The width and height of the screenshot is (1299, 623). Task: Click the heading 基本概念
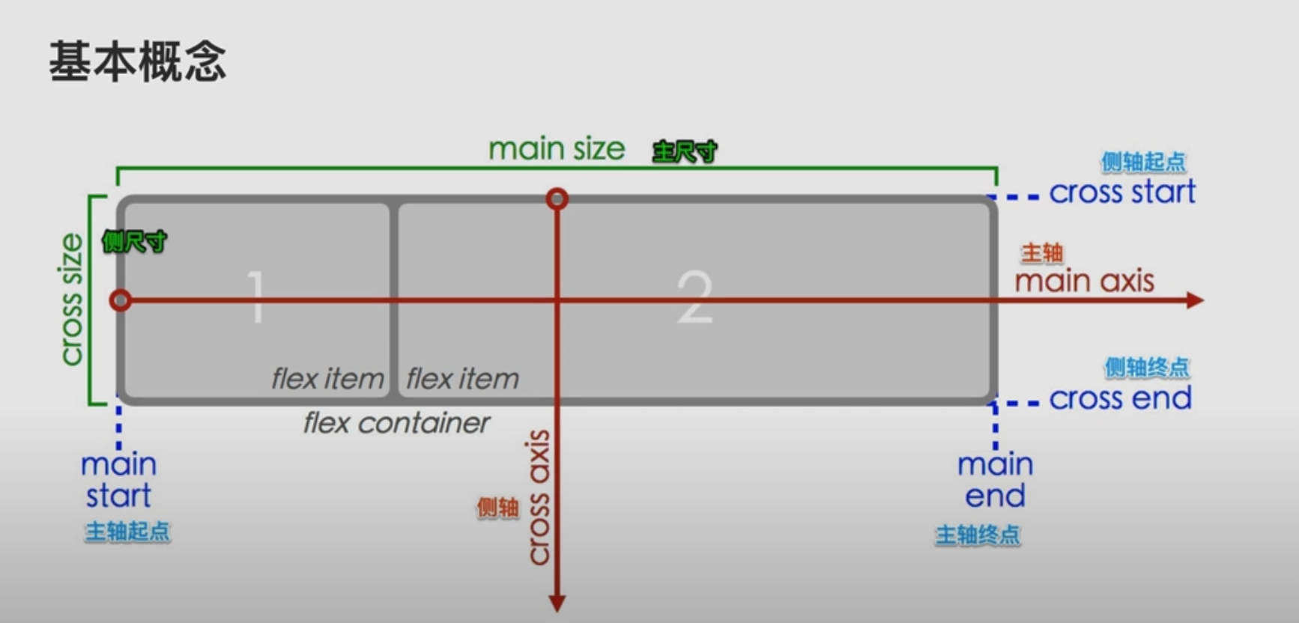pos(138,61)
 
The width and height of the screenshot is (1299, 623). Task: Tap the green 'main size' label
pos(556,149)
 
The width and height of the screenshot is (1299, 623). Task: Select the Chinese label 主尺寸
pos(684,152)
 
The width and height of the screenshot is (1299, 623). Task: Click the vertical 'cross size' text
pos(71,300)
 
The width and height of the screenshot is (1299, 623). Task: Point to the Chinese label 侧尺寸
pos(134,242)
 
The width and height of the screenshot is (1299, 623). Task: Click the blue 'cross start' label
pos(1121,192)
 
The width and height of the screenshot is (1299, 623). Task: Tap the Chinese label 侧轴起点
pos(1142,162)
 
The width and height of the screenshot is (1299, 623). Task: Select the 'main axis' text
pos(1084,282)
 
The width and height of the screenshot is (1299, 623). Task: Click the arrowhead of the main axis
pos(1195,300)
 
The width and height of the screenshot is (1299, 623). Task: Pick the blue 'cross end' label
pos(1120,398)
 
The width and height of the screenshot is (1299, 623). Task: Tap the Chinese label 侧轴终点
pos(1146,367)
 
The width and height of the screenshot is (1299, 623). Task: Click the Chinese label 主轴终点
pos(978,535)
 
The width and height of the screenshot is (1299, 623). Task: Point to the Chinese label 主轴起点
pos(127,532)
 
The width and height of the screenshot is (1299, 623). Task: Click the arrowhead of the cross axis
pos(557,603)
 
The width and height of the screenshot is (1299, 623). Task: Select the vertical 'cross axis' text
pos(539,497)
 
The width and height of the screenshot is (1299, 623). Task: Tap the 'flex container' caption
pos(396,424)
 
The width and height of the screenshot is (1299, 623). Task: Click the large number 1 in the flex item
pos(257,297)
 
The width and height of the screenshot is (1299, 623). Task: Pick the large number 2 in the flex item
pos(694,297)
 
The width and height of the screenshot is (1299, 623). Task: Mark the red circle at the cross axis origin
pos(557,199)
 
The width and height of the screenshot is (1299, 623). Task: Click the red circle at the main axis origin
pos(120,301)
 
